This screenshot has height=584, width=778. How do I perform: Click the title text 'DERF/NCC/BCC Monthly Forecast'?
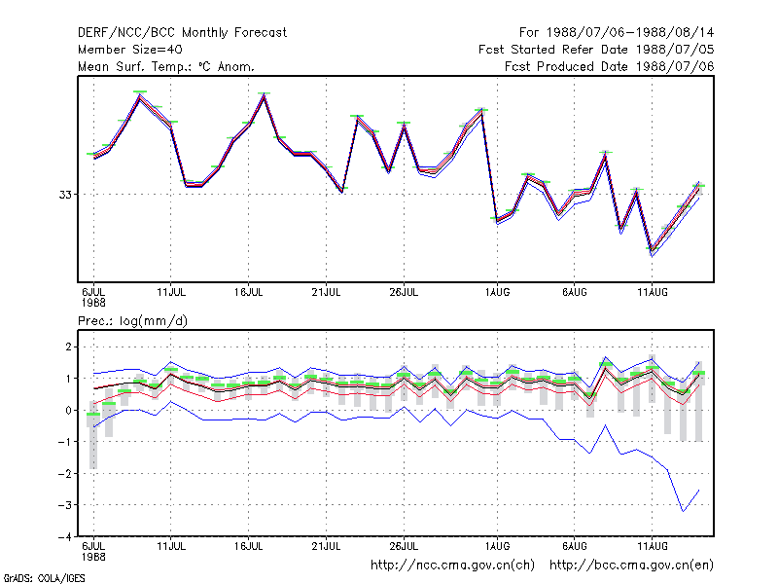(x=182, y=33)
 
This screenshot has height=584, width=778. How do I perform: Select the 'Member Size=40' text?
(x=130, y=50)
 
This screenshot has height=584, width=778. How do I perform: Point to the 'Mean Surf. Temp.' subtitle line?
(x=166, y=66)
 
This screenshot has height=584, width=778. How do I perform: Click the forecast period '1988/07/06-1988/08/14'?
(x=630, y=33)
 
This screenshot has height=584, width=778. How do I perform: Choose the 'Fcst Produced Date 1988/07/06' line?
(x=610, y=66)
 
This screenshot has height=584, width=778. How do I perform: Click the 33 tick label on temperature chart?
(x=65, y=195)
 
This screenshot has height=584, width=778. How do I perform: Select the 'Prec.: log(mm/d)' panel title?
(x=132, y=321)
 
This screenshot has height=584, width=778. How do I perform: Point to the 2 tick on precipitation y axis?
(x=68, y=347)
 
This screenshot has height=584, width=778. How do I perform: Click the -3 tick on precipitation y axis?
(x=65, y=505)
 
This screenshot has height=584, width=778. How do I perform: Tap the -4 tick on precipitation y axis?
(x=65, y=536)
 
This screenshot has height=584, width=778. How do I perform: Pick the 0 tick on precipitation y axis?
(x=68, y=410)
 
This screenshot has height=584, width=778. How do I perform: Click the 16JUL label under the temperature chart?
(x=249, y=292)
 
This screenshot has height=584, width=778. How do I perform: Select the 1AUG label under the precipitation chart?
(x=497, y=546)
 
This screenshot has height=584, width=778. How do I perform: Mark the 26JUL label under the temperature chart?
(x=404, y=292)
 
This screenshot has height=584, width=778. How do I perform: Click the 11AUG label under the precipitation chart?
(x=652, y=546)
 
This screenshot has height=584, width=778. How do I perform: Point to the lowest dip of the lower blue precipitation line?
(x=684, y=511)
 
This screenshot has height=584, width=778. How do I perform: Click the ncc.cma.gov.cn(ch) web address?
(x=452, y=566)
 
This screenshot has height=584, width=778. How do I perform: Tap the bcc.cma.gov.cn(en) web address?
(x=631, y=566)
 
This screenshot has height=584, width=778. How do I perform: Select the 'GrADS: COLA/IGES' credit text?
(x=45, y=578)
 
